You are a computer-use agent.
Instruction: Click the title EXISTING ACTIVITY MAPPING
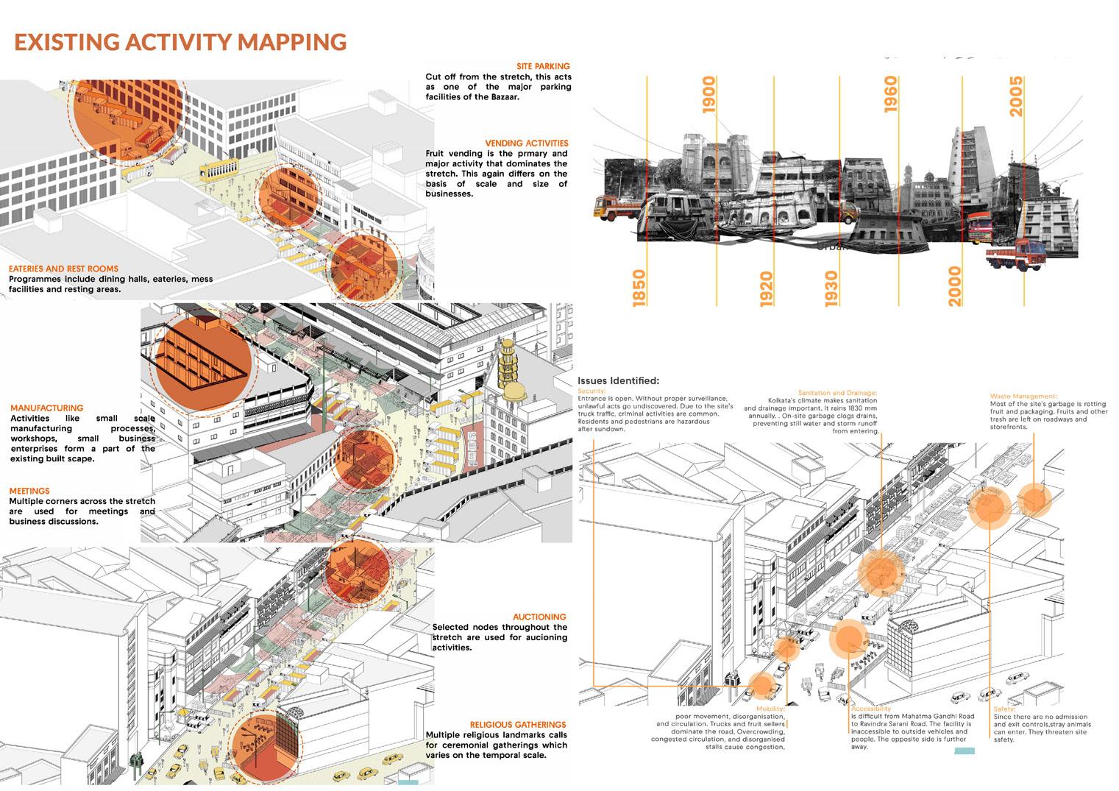pos(180,42)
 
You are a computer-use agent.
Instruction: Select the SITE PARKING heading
pos(543,66)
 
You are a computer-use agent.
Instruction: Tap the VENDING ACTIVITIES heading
pos(526,143)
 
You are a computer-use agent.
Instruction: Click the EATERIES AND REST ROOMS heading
pos(63,269)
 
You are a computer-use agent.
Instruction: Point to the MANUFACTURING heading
pos(47,408)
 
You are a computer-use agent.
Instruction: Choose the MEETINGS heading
pos(29,491)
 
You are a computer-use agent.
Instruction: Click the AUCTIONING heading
pos(539,617)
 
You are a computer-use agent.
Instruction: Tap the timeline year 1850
pos(639,288)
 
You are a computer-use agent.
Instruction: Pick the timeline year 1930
pos(831,289)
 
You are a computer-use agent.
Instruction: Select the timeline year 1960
pos(890,94)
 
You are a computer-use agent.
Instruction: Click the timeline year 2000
pos(954,285)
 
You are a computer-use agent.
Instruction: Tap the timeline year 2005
pos(1016,96)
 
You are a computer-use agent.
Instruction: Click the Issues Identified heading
pos(618,380)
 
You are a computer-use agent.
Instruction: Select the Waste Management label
pos(1023,397)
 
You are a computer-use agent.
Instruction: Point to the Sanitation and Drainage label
pos(837,393)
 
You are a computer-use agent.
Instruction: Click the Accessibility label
pos(870,709)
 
